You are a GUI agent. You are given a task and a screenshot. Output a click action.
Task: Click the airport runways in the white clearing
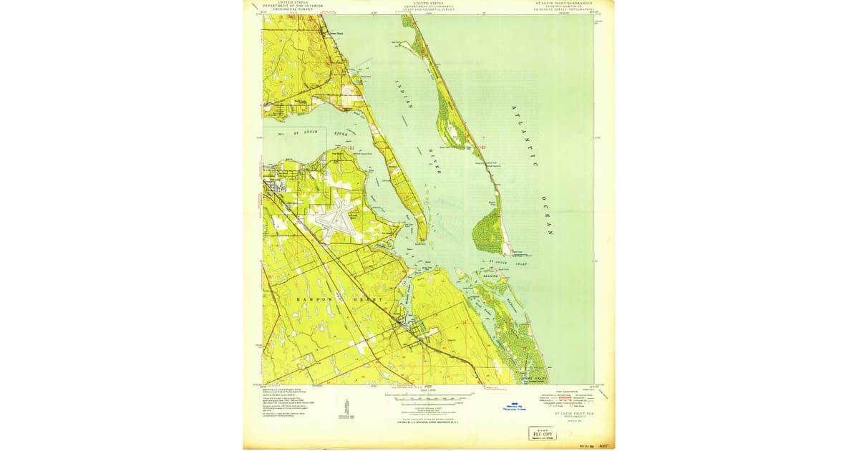click(x=334, y=218)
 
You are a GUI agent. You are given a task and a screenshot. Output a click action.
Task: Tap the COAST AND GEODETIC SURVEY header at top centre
click(x=429, y=9)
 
